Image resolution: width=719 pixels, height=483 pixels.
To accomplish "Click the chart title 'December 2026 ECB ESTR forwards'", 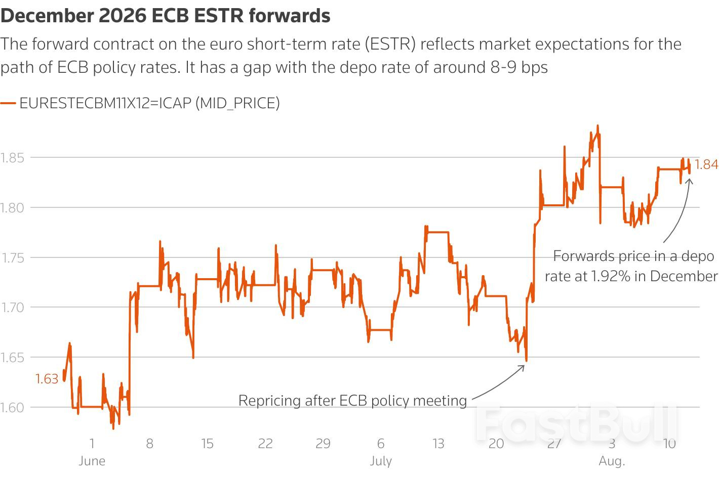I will (x=165, y=16).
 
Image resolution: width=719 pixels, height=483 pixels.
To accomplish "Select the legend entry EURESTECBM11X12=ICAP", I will (x=149, y=103).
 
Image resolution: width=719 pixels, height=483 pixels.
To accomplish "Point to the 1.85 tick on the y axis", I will (x=13, y=158).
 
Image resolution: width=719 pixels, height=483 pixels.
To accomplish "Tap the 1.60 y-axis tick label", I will (x=13, y=408).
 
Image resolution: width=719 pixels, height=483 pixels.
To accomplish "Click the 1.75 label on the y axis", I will (x=13, y=258).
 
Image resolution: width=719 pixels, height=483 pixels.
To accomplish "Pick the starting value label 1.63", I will (x=47, y=379).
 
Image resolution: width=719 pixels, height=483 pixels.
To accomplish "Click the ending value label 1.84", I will (x=706, y=164).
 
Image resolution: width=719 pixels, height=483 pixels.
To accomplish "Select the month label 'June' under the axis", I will (x=92, y=461).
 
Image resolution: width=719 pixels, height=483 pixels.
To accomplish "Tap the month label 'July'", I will (x=381, y=461).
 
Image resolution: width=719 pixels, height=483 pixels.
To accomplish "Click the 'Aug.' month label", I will (x=612, y=461).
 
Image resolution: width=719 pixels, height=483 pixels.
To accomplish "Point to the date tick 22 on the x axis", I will (x=265, y=444).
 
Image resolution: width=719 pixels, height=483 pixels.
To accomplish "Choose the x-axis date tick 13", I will (x=438, y=444).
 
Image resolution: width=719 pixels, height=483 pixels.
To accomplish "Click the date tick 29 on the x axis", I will (x=323, y=444).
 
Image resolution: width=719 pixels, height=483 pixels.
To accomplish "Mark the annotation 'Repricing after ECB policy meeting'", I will (x=352, y=401).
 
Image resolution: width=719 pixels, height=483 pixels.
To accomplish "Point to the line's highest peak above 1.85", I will (x=598, y=126).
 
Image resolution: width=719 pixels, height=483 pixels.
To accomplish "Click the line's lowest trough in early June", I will (x=113, y=428).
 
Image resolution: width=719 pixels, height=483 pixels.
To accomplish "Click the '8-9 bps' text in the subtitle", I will (x=519, y=67).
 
